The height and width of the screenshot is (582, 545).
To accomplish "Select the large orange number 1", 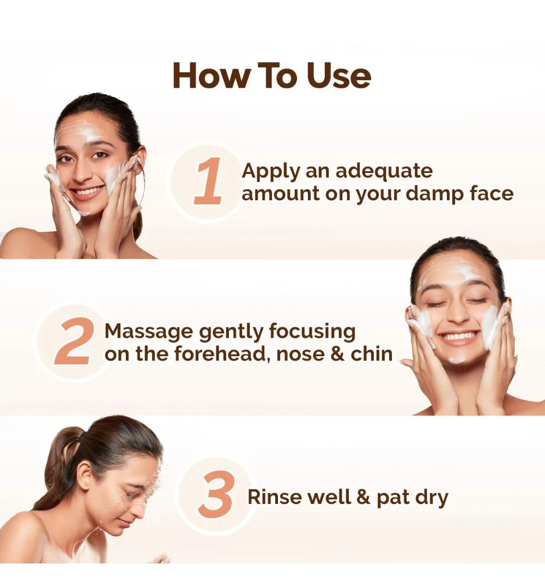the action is (x=208, y=181).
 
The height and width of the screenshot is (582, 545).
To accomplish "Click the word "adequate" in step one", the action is (x=384, y=171).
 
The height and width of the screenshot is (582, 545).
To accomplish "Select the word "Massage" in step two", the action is (x=149, y=332).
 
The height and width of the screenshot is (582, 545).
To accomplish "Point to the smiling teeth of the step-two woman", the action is (x=458, y=337).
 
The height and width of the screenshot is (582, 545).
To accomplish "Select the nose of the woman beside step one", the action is (x=81, y=171).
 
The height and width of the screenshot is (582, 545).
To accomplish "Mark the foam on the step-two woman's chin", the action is (x=457, y=359).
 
